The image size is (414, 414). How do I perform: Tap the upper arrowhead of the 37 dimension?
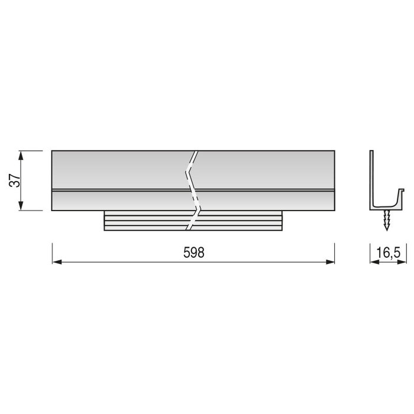22,156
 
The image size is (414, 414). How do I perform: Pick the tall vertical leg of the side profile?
372,177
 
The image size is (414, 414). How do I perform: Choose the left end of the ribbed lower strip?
105,221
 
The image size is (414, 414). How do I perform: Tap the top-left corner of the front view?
53,151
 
